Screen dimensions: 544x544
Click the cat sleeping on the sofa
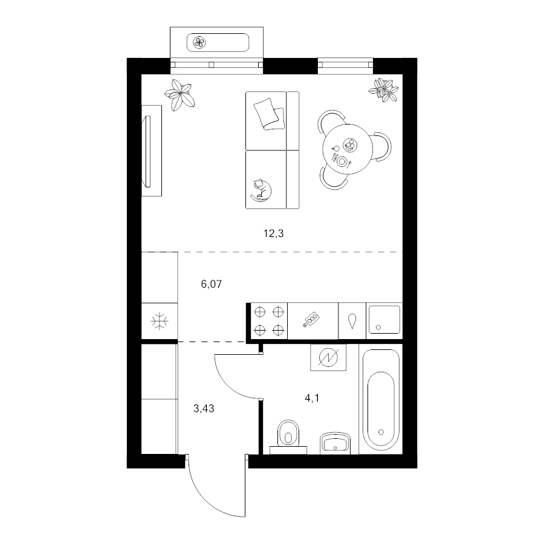coord(261,190)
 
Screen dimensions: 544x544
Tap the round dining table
coord(348,149)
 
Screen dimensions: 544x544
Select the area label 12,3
coord(273,233)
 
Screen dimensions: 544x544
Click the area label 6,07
coord(212,284)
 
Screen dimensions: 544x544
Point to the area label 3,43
coord(204,409)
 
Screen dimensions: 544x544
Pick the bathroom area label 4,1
coord(312,398)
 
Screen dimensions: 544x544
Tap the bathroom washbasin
coord(335,443)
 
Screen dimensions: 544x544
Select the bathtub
coord(381,400)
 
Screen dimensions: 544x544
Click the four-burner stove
coord(269,321)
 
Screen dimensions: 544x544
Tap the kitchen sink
coord(384,319)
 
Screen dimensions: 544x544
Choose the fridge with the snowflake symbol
coord(160,322)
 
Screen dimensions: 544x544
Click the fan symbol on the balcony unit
coord(200,43)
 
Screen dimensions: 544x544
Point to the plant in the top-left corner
coord(179,95)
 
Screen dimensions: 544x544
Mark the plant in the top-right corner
coord(383,90)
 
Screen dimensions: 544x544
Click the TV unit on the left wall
coord(152,151)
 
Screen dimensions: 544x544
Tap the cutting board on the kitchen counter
coord(311,320)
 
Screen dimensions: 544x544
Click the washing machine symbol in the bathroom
coord(328,357)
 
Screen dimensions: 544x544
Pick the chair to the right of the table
coord(383,146)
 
